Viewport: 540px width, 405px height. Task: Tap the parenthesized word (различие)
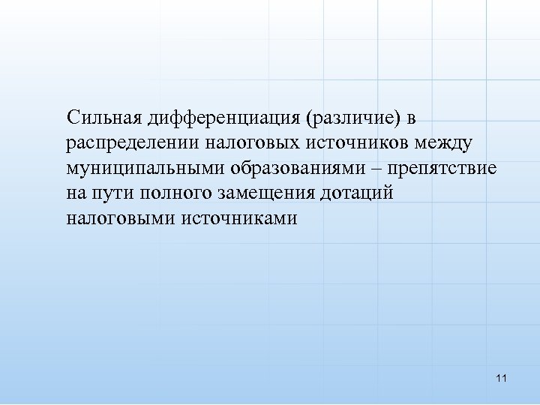click(x=350, y=118)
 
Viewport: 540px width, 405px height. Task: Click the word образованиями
click(x=293, y=168)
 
